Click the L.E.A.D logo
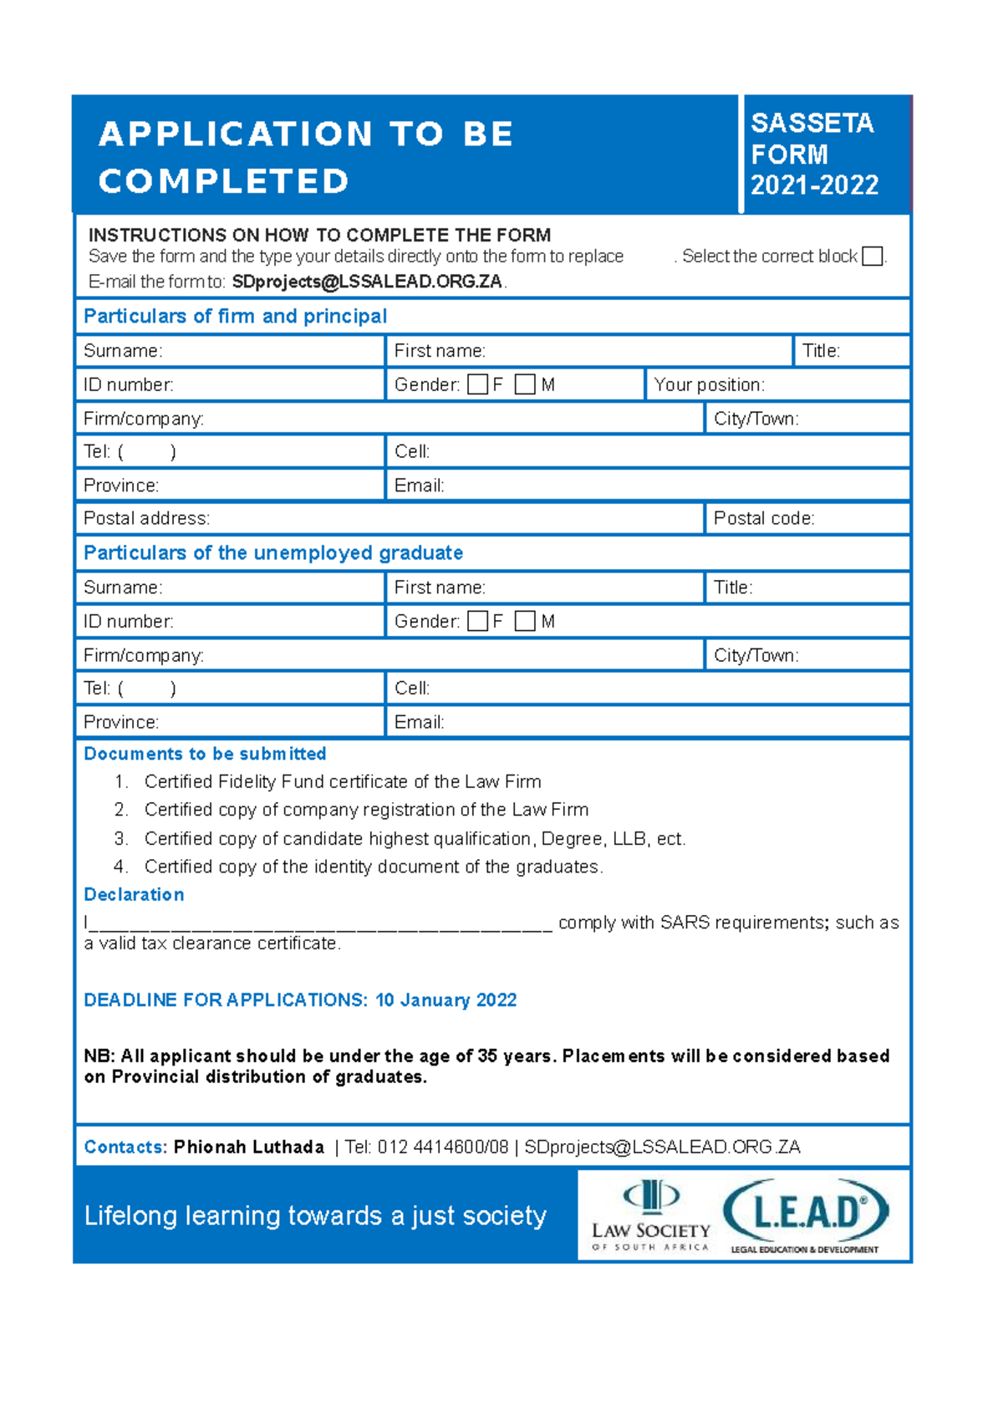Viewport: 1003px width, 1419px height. [806, 1214]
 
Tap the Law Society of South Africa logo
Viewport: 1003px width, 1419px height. [651, 1216]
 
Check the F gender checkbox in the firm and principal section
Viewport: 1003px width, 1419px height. [478, 384]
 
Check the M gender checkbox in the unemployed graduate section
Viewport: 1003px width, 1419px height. [525, 621]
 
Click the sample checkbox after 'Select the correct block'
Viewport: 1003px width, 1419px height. [872, 257]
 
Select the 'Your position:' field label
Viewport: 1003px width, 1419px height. [709, 384]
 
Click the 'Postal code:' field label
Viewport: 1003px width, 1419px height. [763, 518]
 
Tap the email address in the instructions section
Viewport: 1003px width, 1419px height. [367, 282]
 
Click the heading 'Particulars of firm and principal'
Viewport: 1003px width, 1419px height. [235, 316]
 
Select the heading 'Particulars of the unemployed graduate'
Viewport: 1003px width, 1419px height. [273, 552]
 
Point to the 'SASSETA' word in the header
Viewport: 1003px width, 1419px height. [812, 123]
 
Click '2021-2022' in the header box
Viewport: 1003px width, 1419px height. [814, 185]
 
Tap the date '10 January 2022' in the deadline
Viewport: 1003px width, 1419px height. [445, 999]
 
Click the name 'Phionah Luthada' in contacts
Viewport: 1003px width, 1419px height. [248, 1147]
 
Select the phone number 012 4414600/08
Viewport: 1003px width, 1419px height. [442, 1147]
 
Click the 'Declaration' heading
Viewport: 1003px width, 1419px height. [134, 894]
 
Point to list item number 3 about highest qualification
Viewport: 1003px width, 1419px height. [415, 838]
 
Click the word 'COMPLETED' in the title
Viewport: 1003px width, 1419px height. [223, 181]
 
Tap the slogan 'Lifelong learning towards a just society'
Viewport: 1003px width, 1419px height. [315, 1215]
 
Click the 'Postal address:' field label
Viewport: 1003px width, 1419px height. [146, 518]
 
